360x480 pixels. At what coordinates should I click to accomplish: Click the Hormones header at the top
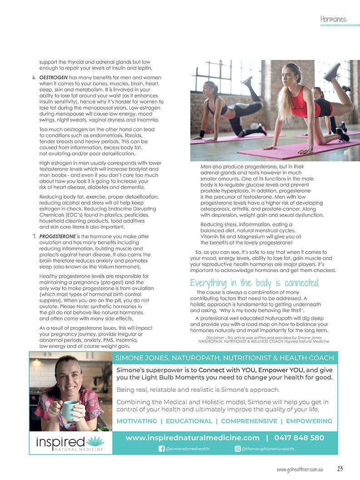tap(333, 19)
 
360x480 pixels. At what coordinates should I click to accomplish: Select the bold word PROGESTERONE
tap(58, 236)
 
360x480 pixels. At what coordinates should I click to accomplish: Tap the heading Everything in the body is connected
tap(255, 284)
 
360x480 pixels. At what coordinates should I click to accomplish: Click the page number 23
tap(340, 469)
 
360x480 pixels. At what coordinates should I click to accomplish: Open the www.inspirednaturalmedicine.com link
tap(192, 438)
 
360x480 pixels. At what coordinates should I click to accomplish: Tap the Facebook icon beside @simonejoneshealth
tap(161, 449)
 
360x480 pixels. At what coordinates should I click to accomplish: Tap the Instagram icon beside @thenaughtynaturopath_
tap(237, 449)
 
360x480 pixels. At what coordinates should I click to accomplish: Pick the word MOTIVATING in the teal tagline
tap(137, 421)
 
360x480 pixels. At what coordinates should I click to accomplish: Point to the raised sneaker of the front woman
tap(332, 71)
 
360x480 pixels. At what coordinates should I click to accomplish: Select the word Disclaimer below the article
tap(215, 338)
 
